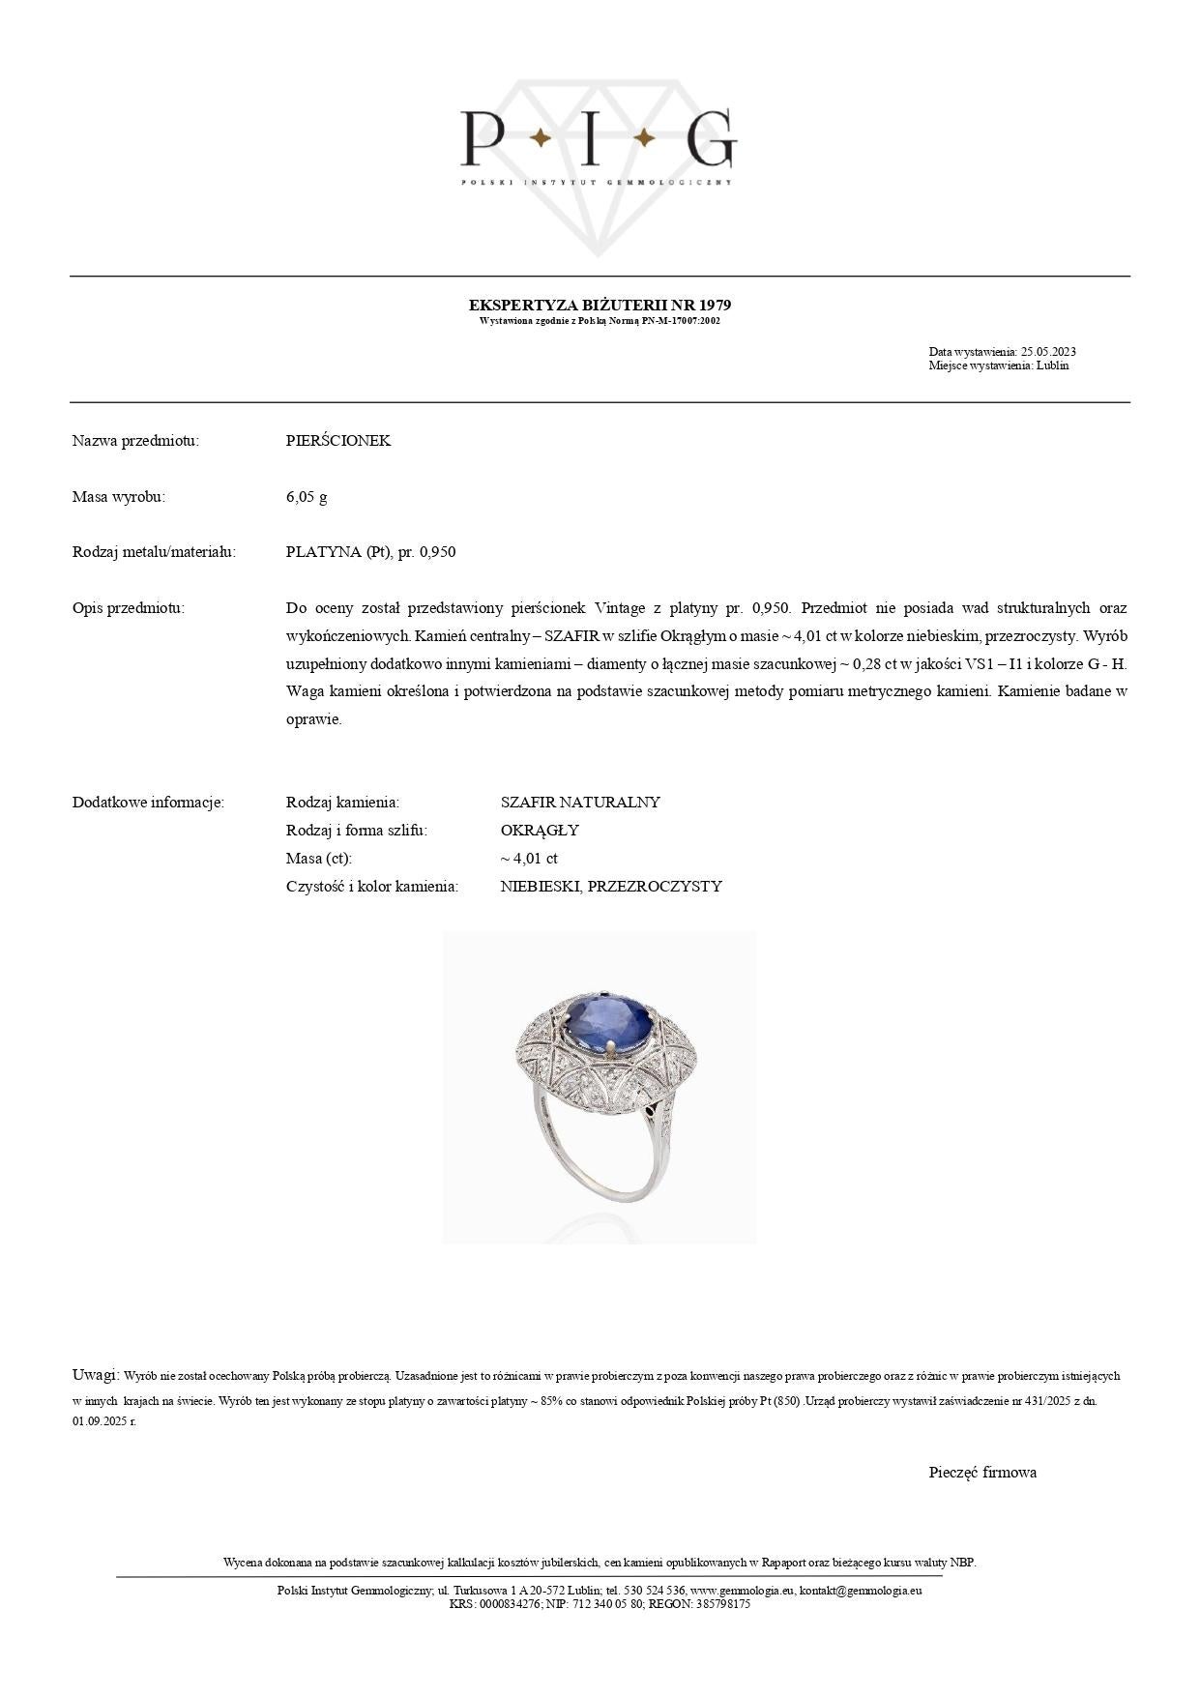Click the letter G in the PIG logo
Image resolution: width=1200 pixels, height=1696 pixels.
[711, 138]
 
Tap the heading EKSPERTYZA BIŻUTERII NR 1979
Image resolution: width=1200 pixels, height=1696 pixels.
[600, 305]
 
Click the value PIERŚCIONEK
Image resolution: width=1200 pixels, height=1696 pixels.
[338, 441]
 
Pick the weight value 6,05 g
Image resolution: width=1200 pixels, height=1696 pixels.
[307, 497]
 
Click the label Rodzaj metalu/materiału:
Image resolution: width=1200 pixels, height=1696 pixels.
[154, 552]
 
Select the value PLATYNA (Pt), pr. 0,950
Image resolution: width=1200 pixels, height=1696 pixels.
[370, 552]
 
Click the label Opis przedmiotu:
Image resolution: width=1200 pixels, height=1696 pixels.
[128, 608]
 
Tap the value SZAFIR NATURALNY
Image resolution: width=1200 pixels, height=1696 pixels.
[580, 803]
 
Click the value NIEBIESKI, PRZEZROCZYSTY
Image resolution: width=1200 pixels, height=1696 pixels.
[611, 887]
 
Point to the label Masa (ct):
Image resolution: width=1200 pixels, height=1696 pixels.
[319, 859]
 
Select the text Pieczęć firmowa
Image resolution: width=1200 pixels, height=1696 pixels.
[982, 1473]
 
